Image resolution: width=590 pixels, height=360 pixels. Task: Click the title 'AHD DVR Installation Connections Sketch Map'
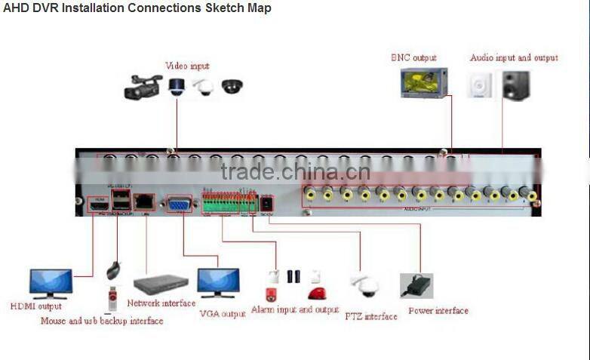tap(137, 8)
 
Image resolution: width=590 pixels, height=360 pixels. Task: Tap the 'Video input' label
tap(187, 66)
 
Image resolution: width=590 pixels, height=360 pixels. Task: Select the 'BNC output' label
tap(413, 57)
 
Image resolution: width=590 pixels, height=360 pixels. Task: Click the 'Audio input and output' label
tap(514, 57)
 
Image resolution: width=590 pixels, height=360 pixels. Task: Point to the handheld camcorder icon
tap(143, 88)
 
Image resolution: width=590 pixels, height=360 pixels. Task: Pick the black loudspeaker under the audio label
tap(516, 85)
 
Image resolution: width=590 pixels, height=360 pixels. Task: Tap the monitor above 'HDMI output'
tap(51, 283)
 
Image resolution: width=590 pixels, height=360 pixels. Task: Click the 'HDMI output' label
tap(36, 306)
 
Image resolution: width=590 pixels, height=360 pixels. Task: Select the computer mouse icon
tap(113, 269)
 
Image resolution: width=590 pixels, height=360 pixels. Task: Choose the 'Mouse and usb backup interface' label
tap(102, 321)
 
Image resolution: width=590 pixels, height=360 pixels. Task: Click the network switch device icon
tap(161, 285)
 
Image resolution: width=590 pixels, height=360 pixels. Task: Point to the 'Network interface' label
tap(161, 303)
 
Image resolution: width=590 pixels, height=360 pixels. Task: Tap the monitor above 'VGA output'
tap(218, 283)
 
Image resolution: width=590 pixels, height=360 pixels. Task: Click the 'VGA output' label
tap(223, 313)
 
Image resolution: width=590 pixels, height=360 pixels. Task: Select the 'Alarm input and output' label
tap(294, 309)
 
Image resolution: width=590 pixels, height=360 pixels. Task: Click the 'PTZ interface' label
tap(370, 316)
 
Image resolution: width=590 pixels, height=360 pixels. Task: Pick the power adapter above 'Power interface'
tap(416, 285)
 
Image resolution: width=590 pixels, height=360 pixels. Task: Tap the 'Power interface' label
tap(438, 310)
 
